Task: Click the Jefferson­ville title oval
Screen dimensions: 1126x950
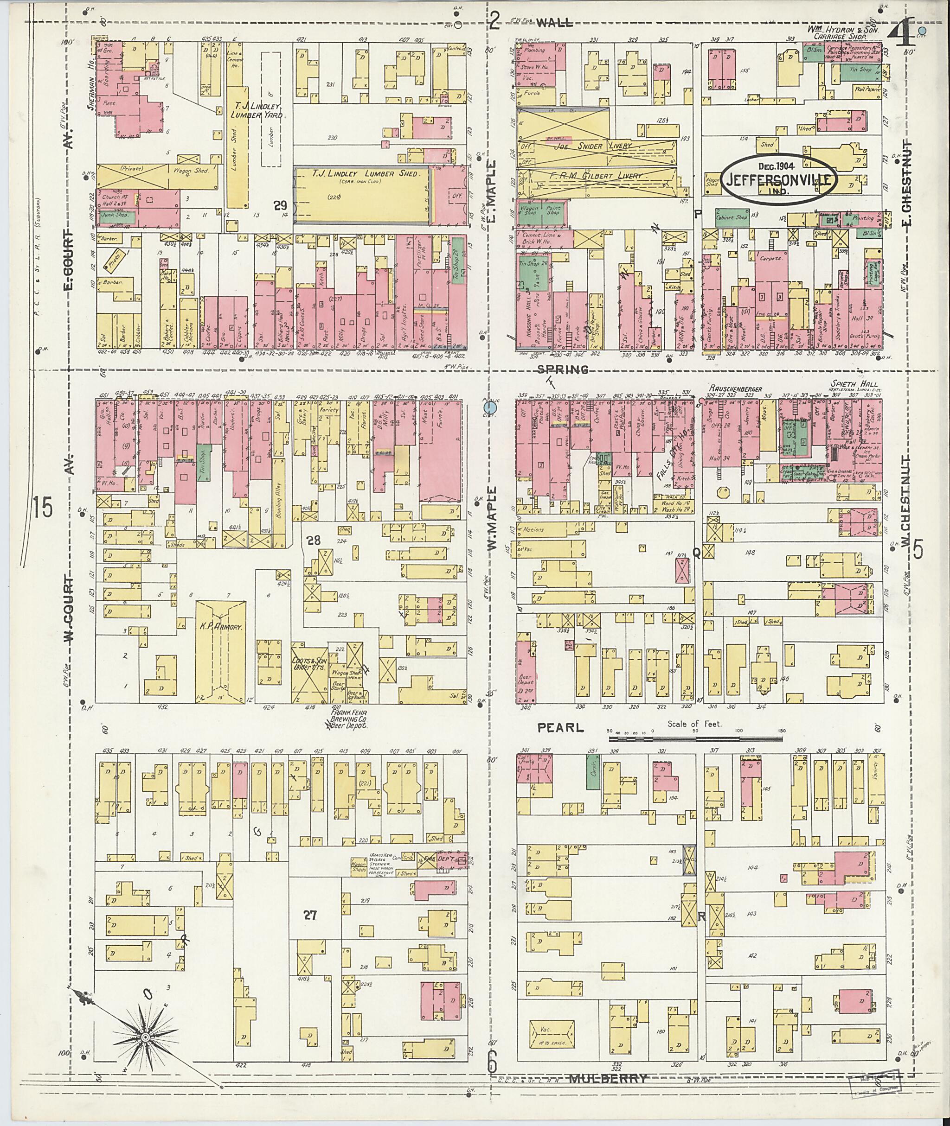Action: click(779, 180)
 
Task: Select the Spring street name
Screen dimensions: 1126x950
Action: click(562, 369)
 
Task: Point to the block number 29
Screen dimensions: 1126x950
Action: click(280, 205)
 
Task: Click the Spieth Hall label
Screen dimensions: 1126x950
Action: click(854, 385)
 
